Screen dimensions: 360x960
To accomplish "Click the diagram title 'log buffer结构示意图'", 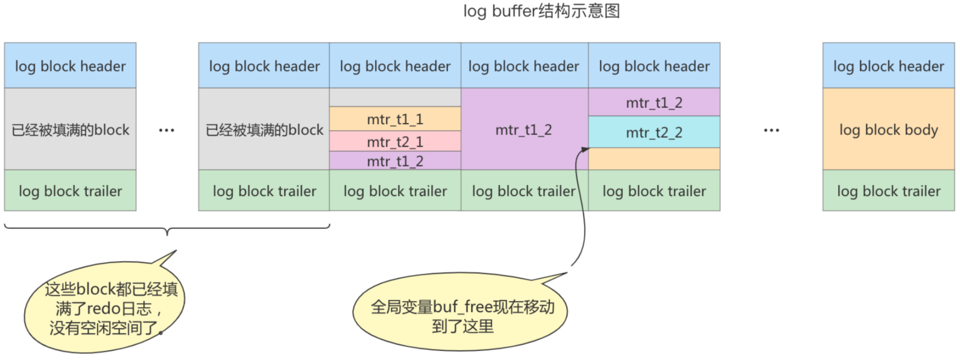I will tap(541, 11).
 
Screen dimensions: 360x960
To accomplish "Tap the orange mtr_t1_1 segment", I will tap(395, 119).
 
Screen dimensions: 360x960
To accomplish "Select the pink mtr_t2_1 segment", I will tap(395, 142).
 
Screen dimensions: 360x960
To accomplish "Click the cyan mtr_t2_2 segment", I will tap(654, 132).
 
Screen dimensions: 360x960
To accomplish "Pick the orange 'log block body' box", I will tap(888, 130).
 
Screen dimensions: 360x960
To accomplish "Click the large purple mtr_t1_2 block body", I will tap(524, 130).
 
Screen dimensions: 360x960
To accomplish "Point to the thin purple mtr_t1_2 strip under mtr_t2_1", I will tap(395, 161).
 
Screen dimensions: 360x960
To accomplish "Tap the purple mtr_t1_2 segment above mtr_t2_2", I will tap(654, 103).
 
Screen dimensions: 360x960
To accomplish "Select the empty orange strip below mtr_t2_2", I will tap(654, 159).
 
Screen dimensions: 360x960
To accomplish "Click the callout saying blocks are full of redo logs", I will tap(105, 308).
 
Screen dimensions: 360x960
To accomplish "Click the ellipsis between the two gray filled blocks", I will tap(166, 130).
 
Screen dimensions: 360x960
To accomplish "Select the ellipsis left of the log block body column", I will tap(771, 130).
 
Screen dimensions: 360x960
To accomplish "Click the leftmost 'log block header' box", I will tap(70, 66).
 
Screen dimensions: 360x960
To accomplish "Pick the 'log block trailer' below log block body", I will tap(888, 191).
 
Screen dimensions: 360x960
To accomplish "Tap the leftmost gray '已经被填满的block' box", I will tap(70, 130).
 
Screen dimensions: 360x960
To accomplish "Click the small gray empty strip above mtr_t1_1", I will tap(395, 98).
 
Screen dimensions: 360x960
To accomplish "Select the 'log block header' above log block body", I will tap(888, 66).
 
